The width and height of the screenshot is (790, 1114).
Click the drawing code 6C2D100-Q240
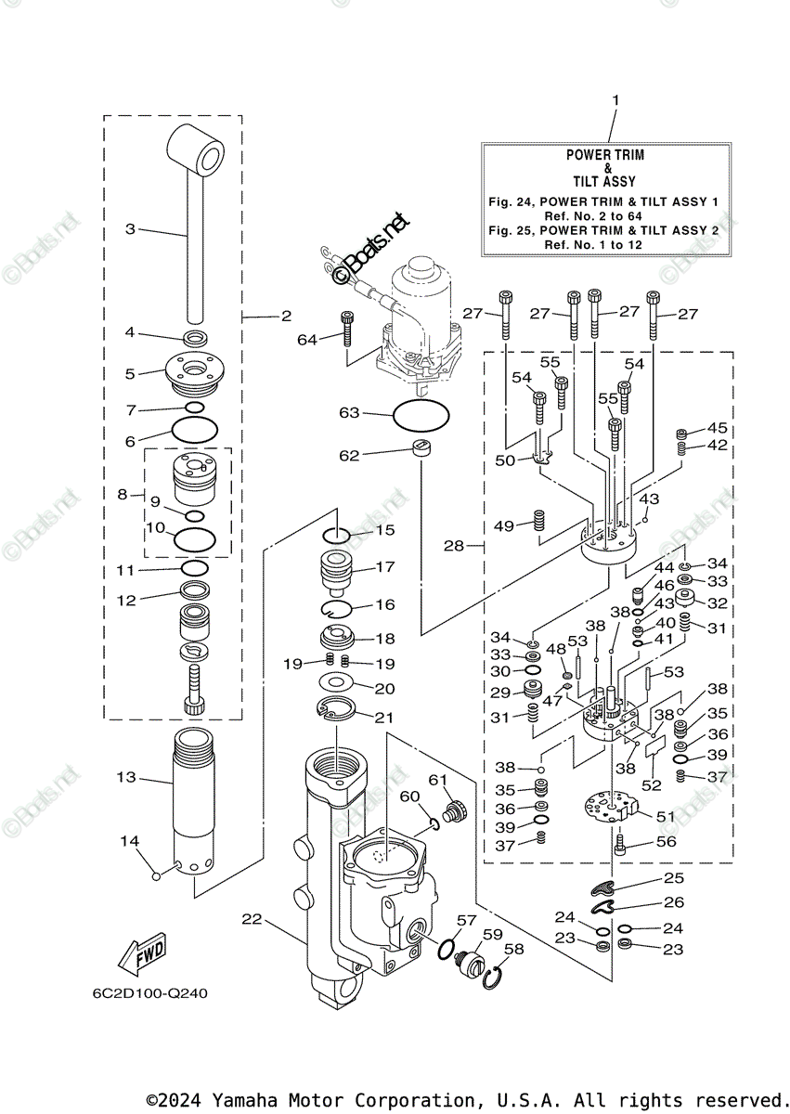click(149, 993)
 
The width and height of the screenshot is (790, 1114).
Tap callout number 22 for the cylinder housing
click(252, 920)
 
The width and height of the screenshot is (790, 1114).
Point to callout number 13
click(125, 777)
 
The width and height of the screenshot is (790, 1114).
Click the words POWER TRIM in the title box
click(605, 155)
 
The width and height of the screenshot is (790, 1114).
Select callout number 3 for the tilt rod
click(131, 228)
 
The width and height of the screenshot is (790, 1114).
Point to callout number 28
click(454, 546)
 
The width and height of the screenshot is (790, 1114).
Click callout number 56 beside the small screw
click(666, 842)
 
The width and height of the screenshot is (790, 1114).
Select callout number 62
click(348, 455)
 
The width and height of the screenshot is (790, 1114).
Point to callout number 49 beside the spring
click(503, 526)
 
